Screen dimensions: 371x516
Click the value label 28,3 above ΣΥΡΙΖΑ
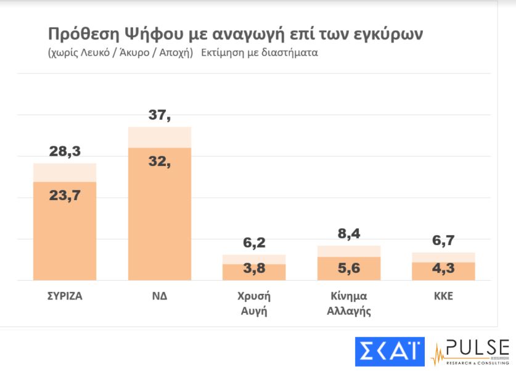coord(65,152)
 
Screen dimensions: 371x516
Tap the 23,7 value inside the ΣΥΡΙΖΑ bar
coord(65,195)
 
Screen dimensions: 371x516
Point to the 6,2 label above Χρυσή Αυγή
coord(254,243)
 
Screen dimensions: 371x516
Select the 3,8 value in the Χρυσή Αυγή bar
coord(254,272)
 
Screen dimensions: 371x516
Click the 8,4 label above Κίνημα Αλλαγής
coord(349,234)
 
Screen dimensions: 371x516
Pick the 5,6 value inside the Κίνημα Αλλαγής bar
coord(349,269)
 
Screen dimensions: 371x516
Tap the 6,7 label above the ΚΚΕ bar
coord(443,241)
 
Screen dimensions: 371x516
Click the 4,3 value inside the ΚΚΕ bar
coord(443,271)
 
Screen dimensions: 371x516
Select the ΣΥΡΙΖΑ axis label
coord(64,295)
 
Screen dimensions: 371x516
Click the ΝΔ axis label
coord(159,295)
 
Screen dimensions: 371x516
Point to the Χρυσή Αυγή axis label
coord(254,302)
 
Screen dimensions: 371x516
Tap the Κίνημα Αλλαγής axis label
coord(349,302)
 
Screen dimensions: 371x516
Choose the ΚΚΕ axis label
coord(443,295)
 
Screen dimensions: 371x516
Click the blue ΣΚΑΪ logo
coord(390,351)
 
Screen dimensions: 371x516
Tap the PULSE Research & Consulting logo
coord(471,351)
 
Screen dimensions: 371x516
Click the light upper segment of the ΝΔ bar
coord(159,137)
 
